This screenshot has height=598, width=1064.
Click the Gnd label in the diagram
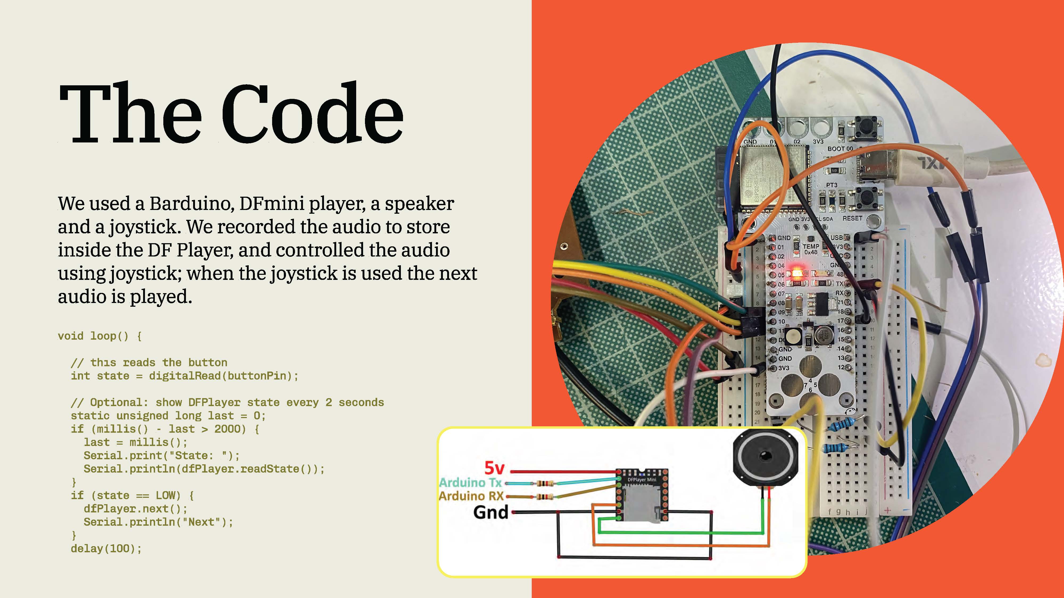tap(491, 512)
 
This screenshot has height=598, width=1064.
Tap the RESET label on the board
tap(852, 218)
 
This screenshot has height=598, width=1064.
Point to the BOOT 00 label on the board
tap(840, 149)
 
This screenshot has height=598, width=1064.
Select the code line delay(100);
tap(106, 549)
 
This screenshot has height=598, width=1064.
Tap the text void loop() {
tap(100, 336)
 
